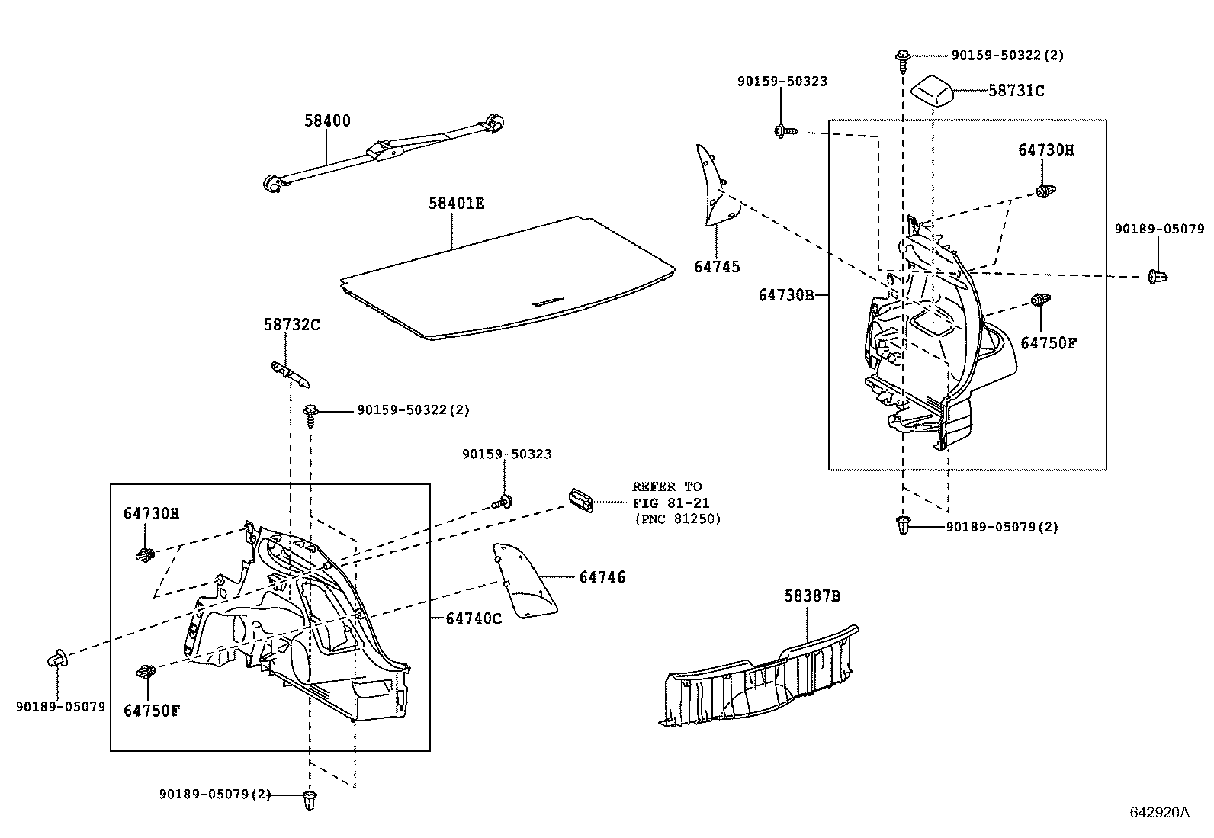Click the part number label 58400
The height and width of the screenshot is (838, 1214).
tap(327, 120)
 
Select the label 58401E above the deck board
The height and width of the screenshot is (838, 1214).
tap(456, 204)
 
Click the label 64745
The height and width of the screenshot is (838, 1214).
tap(717, 267)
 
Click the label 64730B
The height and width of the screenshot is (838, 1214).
tap(786, 294)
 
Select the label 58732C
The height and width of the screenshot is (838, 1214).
tap(292, 325)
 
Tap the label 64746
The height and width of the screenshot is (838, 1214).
tap(602, 577)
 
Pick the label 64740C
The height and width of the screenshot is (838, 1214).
tap(474, 618)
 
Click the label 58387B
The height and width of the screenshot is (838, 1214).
tap(812, 596)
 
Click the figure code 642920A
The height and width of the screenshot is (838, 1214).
tap(1159, 812)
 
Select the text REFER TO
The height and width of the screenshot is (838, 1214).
tap(666, 486)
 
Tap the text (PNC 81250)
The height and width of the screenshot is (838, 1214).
tap(677, 519)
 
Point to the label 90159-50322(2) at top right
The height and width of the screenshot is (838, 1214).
tap(1007, 56)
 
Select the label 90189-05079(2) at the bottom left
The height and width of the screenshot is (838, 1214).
tap(215, 794)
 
